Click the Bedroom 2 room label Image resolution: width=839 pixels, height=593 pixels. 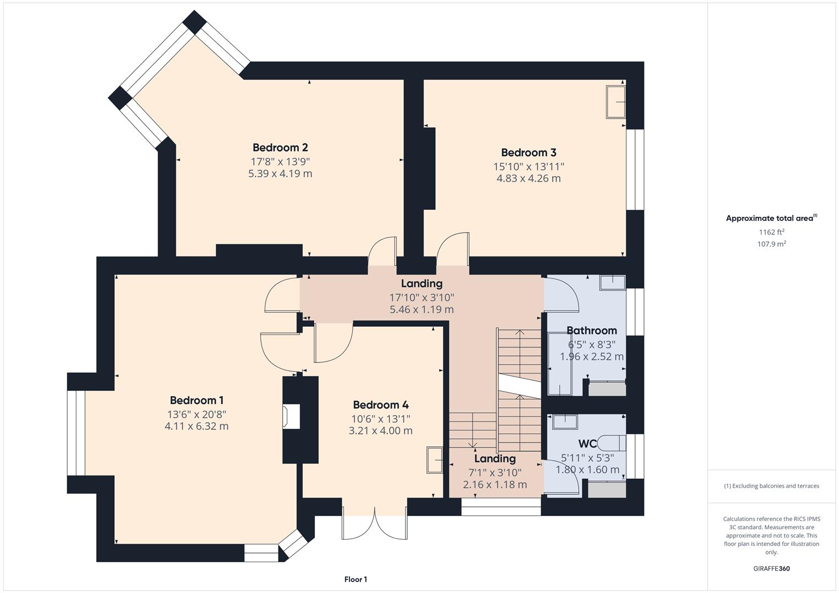tap(280, 147)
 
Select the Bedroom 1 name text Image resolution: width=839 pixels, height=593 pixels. tap(197, 400)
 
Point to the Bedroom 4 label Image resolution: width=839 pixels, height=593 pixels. tap(381, 405)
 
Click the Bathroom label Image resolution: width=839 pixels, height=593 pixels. tap(592, 331)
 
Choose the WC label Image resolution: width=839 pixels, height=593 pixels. tap(587, 444)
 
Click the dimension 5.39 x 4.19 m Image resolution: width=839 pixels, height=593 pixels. tap(280, 174)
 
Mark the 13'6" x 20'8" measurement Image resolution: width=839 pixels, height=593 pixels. tap(197, 414)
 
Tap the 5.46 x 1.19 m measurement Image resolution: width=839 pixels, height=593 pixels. tap(421, 310)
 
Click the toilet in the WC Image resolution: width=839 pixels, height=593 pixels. tap(612, 443)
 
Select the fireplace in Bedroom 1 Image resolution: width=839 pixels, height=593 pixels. tap(291, 416)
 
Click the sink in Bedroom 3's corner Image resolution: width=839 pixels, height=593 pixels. tap(615, 102)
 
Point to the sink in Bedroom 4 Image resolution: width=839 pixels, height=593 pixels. tap(435, 460)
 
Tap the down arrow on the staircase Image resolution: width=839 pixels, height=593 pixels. tap(472, 444)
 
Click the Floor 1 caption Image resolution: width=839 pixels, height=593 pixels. tap(355, 579)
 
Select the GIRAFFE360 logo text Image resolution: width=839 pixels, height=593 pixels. tap(771, 568)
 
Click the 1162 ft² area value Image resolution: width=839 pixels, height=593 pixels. tap(771, 232)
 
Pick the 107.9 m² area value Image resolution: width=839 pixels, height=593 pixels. tap(771, 244)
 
